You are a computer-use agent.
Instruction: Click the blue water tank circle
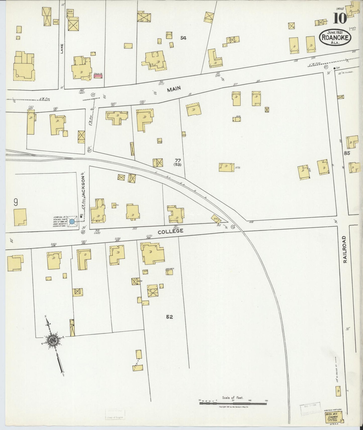click(72, 222)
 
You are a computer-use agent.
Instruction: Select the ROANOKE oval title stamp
click(335, 38)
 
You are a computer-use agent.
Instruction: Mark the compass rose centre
click(53, 340)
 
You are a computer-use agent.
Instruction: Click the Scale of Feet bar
click(233, 404)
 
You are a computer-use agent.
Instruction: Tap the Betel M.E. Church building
click(334, 418)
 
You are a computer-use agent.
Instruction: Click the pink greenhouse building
click(98, 76)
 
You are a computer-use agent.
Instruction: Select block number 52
click(169, 317)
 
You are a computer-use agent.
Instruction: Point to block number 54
click(183, 38)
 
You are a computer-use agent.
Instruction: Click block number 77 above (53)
click(178, 160)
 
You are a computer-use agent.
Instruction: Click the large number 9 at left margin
click(16, 202)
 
